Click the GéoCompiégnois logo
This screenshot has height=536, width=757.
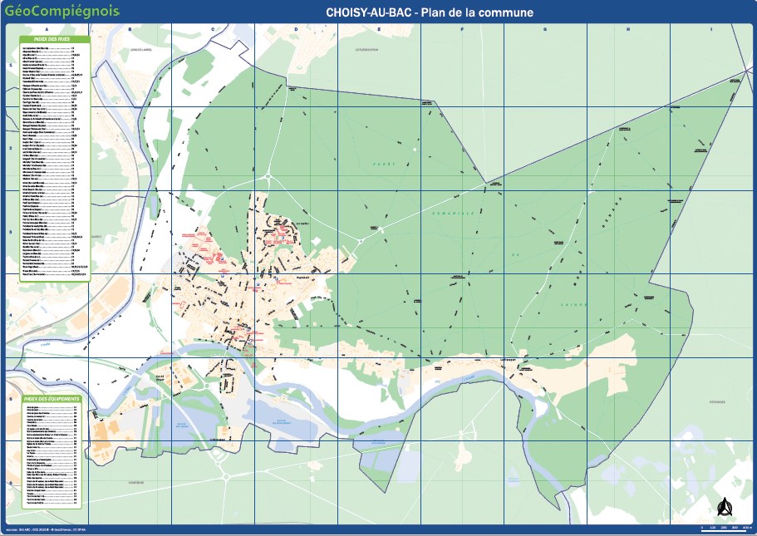[x=61, y=12]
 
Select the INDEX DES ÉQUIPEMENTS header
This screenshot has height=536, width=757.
[x=52, y=400]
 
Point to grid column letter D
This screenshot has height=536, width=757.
[x=296, y=29]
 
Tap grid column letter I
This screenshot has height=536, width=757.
[x=711, y=29]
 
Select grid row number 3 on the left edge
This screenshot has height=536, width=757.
[x=10, y=233]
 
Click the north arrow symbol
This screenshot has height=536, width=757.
[x=723, y=506]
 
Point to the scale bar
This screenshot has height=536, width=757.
[x=726, y=526]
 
